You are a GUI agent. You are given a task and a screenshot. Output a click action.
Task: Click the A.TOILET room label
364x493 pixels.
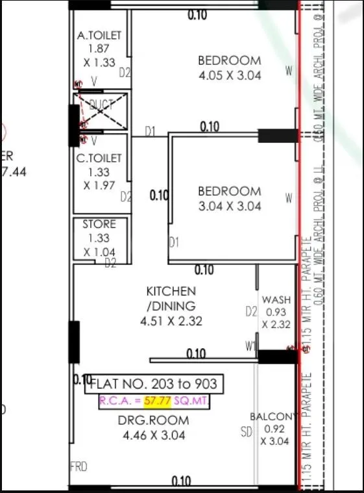(99, 35)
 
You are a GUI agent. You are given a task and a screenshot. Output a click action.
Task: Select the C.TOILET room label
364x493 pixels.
(99, 158)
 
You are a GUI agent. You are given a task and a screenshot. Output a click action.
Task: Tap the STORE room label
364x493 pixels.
(99, 224)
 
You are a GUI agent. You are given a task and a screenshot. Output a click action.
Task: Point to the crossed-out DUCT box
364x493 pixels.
(100, 112)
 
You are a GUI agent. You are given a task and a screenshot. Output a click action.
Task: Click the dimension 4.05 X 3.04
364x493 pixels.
(229, 75)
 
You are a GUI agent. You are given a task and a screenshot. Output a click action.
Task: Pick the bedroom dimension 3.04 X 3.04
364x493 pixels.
(229, 206)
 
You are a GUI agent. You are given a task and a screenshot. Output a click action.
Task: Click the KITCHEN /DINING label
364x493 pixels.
(171, 298)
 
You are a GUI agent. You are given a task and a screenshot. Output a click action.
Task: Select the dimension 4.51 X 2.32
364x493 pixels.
(171, 321)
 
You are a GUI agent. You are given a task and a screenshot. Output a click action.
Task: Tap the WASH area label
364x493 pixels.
(276, 300)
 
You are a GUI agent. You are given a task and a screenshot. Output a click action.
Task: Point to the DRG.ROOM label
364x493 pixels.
(154, 420)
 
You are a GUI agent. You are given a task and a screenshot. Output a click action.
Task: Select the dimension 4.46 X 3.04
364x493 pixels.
(154, 435)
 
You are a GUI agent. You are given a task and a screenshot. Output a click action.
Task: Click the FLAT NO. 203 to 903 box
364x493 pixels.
(156, 383)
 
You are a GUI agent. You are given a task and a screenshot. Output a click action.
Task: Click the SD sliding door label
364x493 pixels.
(247, 432)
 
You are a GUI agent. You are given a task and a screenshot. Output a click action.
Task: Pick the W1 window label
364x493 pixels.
(250, 347)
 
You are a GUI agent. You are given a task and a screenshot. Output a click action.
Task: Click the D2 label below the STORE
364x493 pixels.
(110, 263)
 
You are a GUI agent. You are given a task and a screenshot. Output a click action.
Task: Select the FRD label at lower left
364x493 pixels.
(79, 466)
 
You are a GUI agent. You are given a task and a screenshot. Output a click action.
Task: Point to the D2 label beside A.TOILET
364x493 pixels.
(125, 73)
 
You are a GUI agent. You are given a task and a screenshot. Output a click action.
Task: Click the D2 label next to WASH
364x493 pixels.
(251, 312)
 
